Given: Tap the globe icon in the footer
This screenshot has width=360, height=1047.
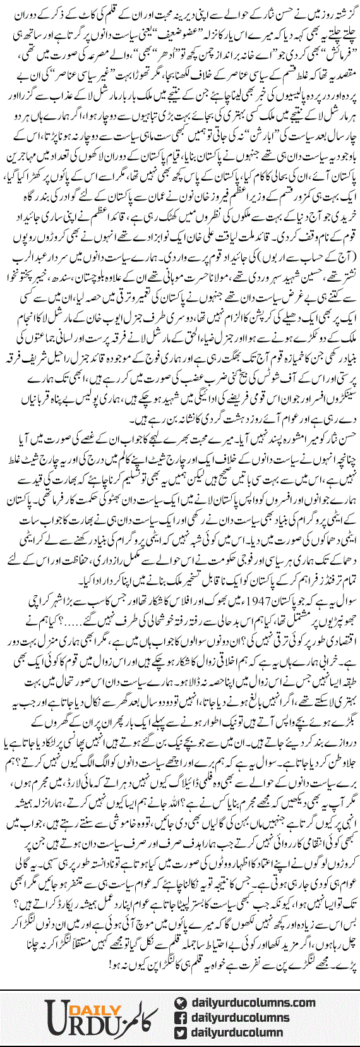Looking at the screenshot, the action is click(179, 1003).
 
